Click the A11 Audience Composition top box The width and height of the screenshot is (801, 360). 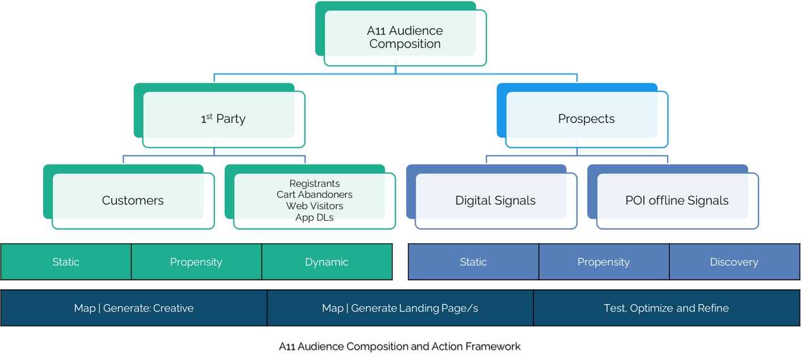405,37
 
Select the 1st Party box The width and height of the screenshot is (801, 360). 223,119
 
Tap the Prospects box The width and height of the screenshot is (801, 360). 586,119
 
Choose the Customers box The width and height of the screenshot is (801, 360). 133,201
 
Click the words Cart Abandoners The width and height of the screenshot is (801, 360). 314,194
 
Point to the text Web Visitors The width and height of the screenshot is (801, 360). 314,206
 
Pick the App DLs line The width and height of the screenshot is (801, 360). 314,217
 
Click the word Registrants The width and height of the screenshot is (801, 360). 314,184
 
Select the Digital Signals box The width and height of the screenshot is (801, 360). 495,201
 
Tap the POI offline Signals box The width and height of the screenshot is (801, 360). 676,201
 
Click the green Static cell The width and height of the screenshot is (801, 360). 66,262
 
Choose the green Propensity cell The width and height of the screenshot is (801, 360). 196,262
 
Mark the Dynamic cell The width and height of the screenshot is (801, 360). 327,262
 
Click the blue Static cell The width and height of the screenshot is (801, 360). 473,262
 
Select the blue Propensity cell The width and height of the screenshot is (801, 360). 603,262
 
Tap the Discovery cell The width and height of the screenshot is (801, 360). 734,262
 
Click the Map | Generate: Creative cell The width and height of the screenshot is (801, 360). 134,308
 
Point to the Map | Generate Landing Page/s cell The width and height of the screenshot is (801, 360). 400,308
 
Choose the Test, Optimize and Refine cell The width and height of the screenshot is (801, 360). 666,308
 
